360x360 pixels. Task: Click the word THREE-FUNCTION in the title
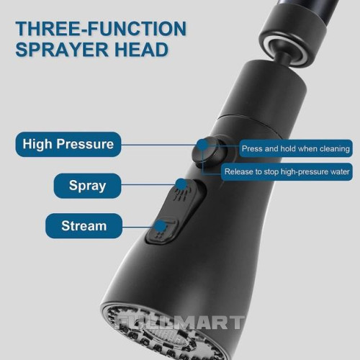pos(101,29)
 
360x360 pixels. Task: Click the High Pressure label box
pos(68,144)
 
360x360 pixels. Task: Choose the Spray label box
pos(87,186)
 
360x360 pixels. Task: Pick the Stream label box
pos(84,225)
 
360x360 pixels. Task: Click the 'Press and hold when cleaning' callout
pos(296,148)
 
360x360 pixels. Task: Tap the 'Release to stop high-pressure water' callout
pos(287,171)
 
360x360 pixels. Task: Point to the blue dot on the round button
pos(203,145)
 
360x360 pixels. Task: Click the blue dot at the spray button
pos(181,184)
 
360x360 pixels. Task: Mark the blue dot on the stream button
pos(161,226)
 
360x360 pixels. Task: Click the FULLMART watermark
pos(179,323)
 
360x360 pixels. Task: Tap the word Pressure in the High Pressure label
pos(85,144)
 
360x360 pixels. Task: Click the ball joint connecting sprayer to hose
pos(284,58)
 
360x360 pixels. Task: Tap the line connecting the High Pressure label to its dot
pos(159,145)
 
